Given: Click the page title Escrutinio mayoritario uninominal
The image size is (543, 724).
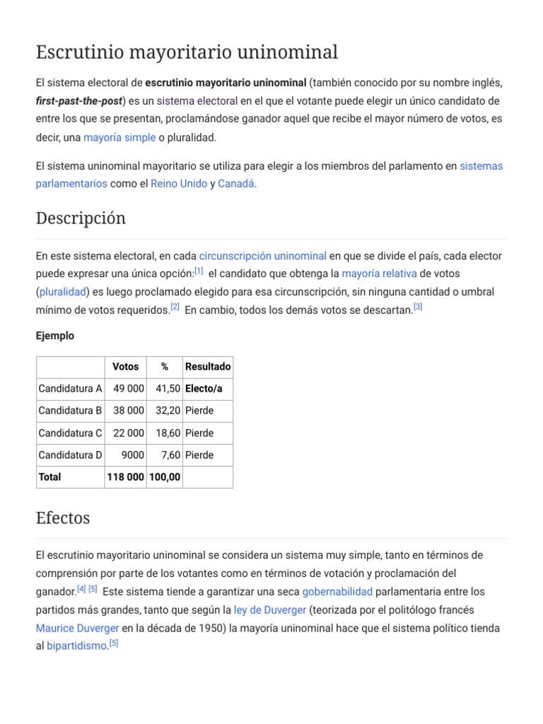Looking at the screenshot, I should pyautogui.click(x=187, y=52).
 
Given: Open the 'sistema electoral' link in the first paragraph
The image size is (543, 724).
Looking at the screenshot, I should pyautogui.click(x=197, y=100).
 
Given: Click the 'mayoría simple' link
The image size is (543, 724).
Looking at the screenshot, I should pyautogui.click(x=119, y=137).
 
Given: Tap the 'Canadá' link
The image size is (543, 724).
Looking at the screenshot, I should pyautogui.click(x=235, y=183).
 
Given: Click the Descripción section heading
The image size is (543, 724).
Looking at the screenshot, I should pyautogui.click(x=81, y=218).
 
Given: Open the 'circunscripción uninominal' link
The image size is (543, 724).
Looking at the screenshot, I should pyautogui.click(x=262, y=255).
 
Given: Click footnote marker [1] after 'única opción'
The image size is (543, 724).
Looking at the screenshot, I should pyautogui.click(x=199, y=271).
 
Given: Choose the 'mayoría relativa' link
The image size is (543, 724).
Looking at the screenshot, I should pyautogui.click(x=379, y=274).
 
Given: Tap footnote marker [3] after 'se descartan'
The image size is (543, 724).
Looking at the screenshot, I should pyautogui.click(x=418, y=307).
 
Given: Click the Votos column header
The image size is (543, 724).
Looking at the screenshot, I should pyautogui.click(x=126, y=366).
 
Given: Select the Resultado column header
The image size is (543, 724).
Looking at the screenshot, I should pyautogui.click(x=208, y=366).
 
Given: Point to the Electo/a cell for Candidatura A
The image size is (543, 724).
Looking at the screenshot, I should pyautogui.click(x=204, y=388).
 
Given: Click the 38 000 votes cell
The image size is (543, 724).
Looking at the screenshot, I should pyautogui.click(x=129, y=410).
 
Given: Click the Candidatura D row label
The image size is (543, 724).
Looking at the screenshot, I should pyautogui.click(x=70, y=455).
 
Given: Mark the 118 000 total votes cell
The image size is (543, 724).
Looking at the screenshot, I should pyautogui.click(x=126, y=477).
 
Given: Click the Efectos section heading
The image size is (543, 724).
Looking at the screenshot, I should pyautogui.click(x=63, y=518).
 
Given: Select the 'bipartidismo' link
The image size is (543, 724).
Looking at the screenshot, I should pyautogui.click(x=76, y=646).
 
